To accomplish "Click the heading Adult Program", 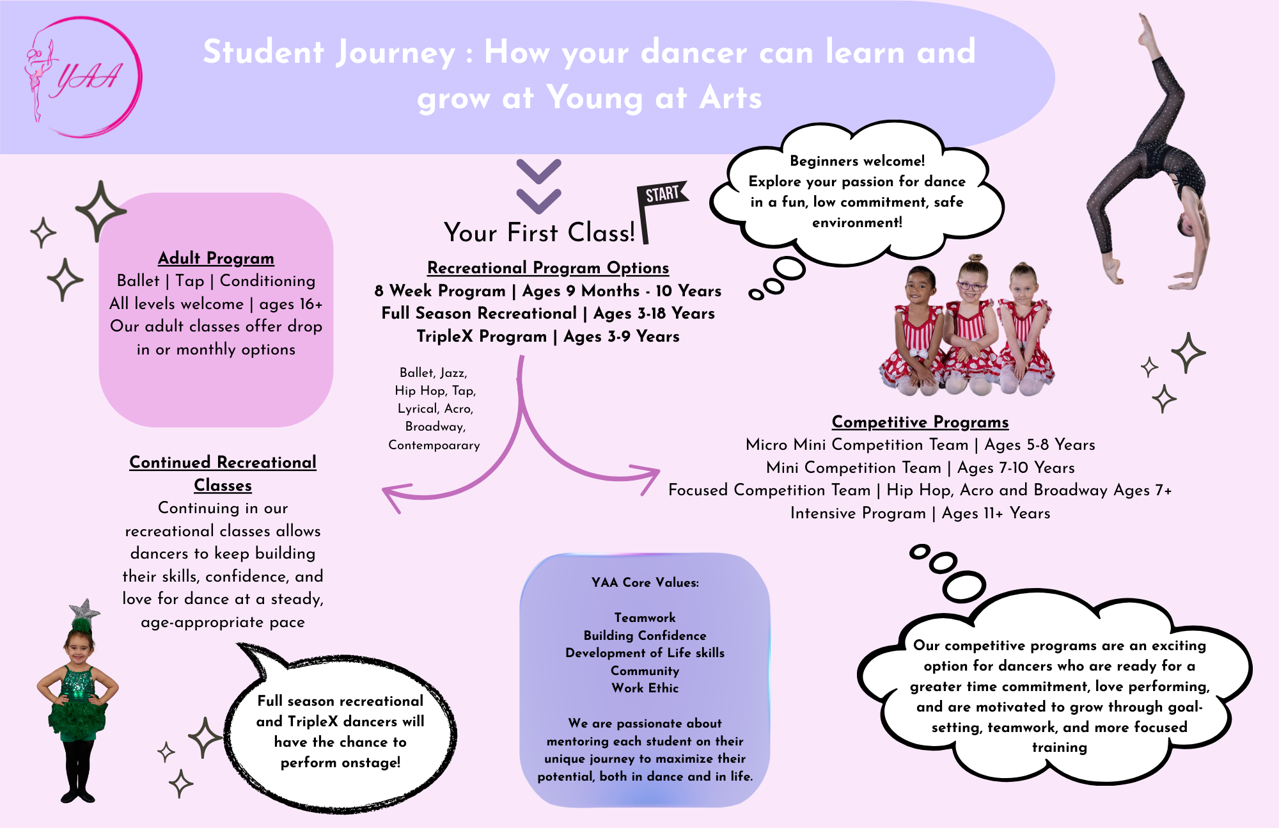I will pyautogui.click(x=216, y=258).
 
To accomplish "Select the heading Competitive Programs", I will pyautogui.click(x=920, y=422).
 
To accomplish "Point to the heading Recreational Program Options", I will pyautogui.click(x=548, y=267).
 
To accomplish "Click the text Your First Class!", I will pyautogui.click(x=539, y=232).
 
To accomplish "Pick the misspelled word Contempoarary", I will pyautogui.click(x=434, y=445).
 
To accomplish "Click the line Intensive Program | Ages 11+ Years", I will pyautogui.click(x=920, y=513).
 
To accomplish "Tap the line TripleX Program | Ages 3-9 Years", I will pyautogui.click(x=548, y=337).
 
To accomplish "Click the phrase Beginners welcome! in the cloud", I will pyautogui.click(x=857, y=161).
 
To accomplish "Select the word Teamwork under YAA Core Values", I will pyautogui.click(x=645, y=617).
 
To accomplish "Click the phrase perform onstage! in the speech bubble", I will pyautogui.click(x=340, y=762).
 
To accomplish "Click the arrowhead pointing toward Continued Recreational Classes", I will pyautogui.click(x=393, y=496).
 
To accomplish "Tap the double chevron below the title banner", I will pyautogui.click(x=538, y=186).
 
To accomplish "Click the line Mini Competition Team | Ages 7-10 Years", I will pyautogui.click(x=920, y=468).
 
